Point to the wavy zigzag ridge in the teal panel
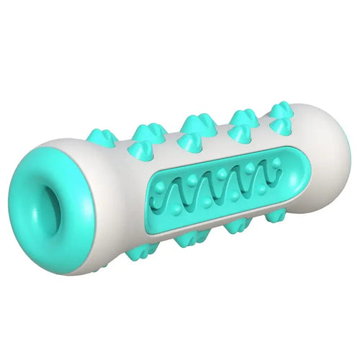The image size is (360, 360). (x=223, y=190)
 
